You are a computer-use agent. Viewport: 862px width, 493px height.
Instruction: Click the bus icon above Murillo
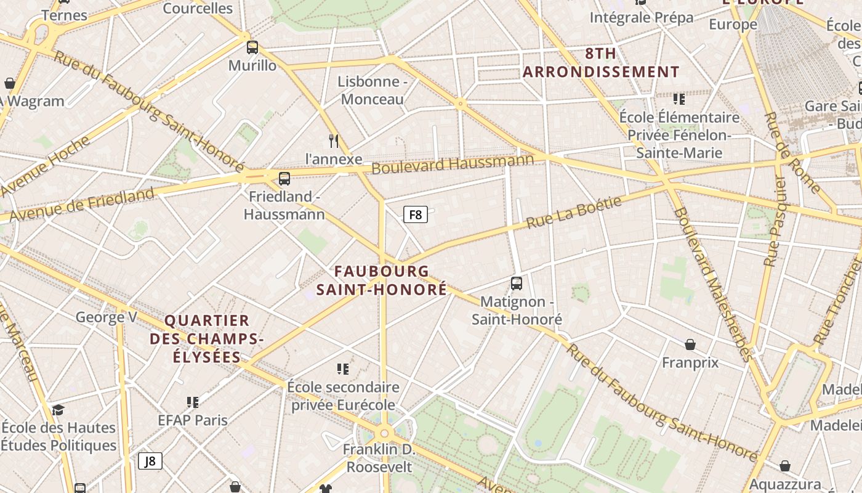tap(252, 47)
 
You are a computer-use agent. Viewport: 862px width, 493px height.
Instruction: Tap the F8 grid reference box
tap(416, 214)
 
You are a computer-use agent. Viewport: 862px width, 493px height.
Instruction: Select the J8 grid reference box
tap(150, 461)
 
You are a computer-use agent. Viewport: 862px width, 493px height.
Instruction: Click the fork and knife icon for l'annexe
tap(334, 141)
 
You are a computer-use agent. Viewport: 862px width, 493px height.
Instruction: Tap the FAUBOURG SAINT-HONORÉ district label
tap(382, 280)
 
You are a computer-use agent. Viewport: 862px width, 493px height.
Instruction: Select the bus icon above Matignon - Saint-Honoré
tap(517, 283)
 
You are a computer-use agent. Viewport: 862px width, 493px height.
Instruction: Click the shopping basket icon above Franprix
tap(690, 344)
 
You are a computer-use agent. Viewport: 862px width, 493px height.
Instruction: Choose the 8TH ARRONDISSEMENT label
tap(601, 63)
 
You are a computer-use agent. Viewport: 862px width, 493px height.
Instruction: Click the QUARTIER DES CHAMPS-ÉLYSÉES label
tap(207, 338)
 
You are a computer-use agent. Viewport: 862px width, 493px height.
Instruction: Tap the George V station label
tap(106, 317)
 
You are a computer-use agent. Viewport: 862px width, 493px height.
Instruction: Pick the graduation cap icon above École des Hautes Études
tap(58, 409)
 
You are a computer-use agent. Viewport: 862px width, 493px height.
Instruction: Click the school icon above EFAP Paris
tap(193, 402)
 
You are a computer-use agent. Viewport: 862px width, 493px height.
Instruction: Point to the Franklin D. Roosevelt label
tap(379, 458)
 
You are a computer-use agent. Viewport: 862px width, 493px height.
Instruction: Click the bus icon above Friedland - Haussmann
tap(284, 179)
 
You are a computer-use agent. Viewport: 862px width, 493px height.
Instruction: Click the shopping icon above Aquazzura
tap(784, 466)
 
